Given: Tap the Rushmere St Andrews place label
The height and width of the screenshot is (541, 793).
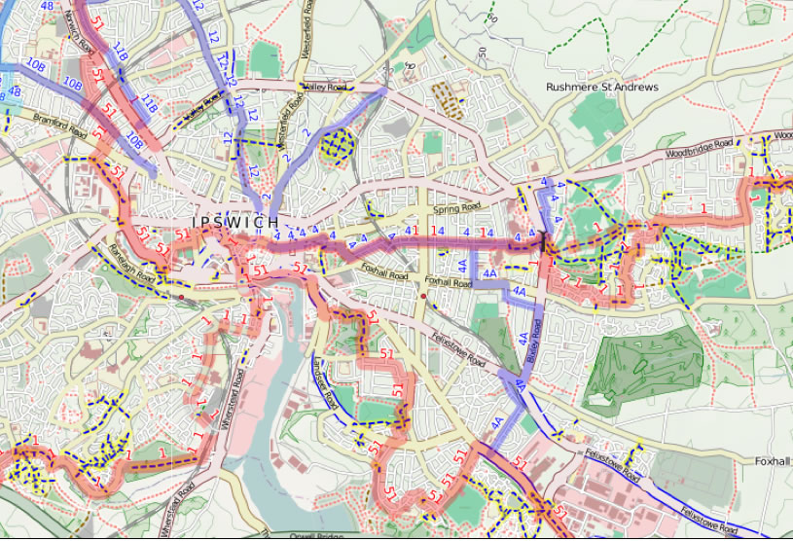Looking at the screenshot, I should coord(601,88).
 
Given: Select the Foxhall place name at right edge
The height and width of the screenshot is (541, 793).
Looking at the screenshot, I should coord(774,460).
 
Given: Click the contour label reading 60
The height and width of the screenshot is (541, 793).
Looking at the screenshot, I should coord(491,18).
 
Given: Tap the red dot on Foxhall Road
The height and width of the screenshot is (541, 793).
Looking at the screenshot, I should coord(423,293).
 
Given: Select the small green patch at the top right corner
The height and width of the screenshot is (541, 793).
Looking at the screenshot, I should coord(758,15).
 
